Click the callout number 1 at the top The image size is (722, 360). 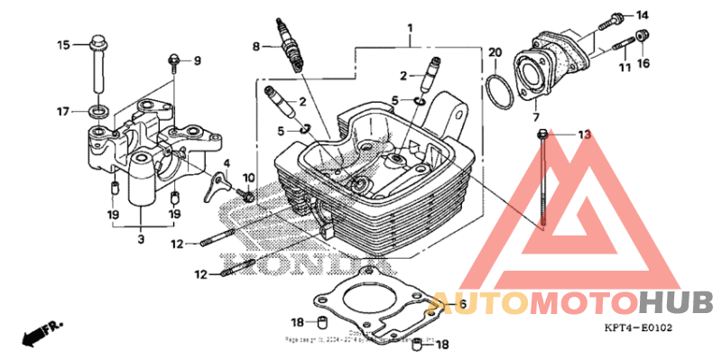410,28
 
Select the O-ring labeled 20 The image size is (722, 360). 496,89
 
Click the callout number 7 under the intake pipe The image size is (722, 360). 535,118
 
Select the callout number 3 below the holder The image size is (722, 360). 141,240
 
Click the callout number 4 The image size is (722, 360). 227,162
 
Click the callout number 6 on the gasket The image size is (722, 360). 461,305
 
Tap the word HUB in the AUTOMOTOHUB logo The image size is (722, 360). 676,301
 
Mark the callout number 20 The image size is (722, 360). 495,52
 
